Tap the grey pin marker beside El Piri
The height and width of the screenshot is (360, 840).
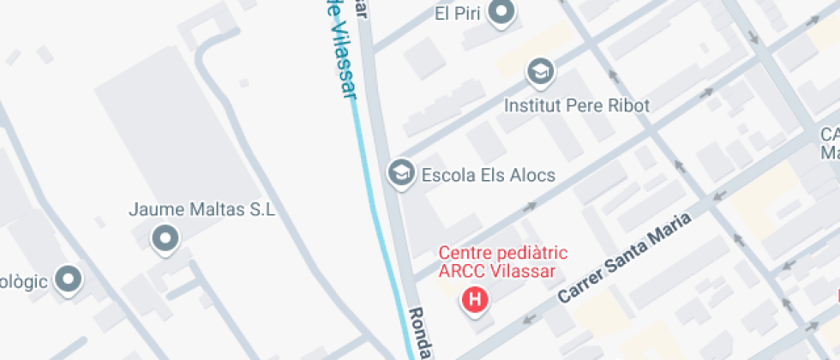pos(501,12)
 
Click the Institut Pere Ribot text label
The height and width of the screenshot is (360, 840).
pos(576,105)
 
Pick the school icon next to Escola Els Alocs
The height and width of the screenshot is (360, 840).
pos(399,173)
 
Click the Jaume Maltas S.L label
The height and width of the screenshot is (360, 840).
pos(201,209)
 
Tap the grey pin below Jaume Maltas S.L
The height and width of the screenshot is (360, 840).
pos(164,237)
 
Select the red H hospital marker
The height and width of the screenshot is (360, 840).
pos(475,300)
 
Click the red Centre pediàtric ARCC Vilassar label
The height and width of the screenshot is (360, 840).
pos(497,262)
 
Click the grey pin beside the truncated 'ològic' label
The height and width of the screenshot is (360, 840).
pos(68,279)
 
